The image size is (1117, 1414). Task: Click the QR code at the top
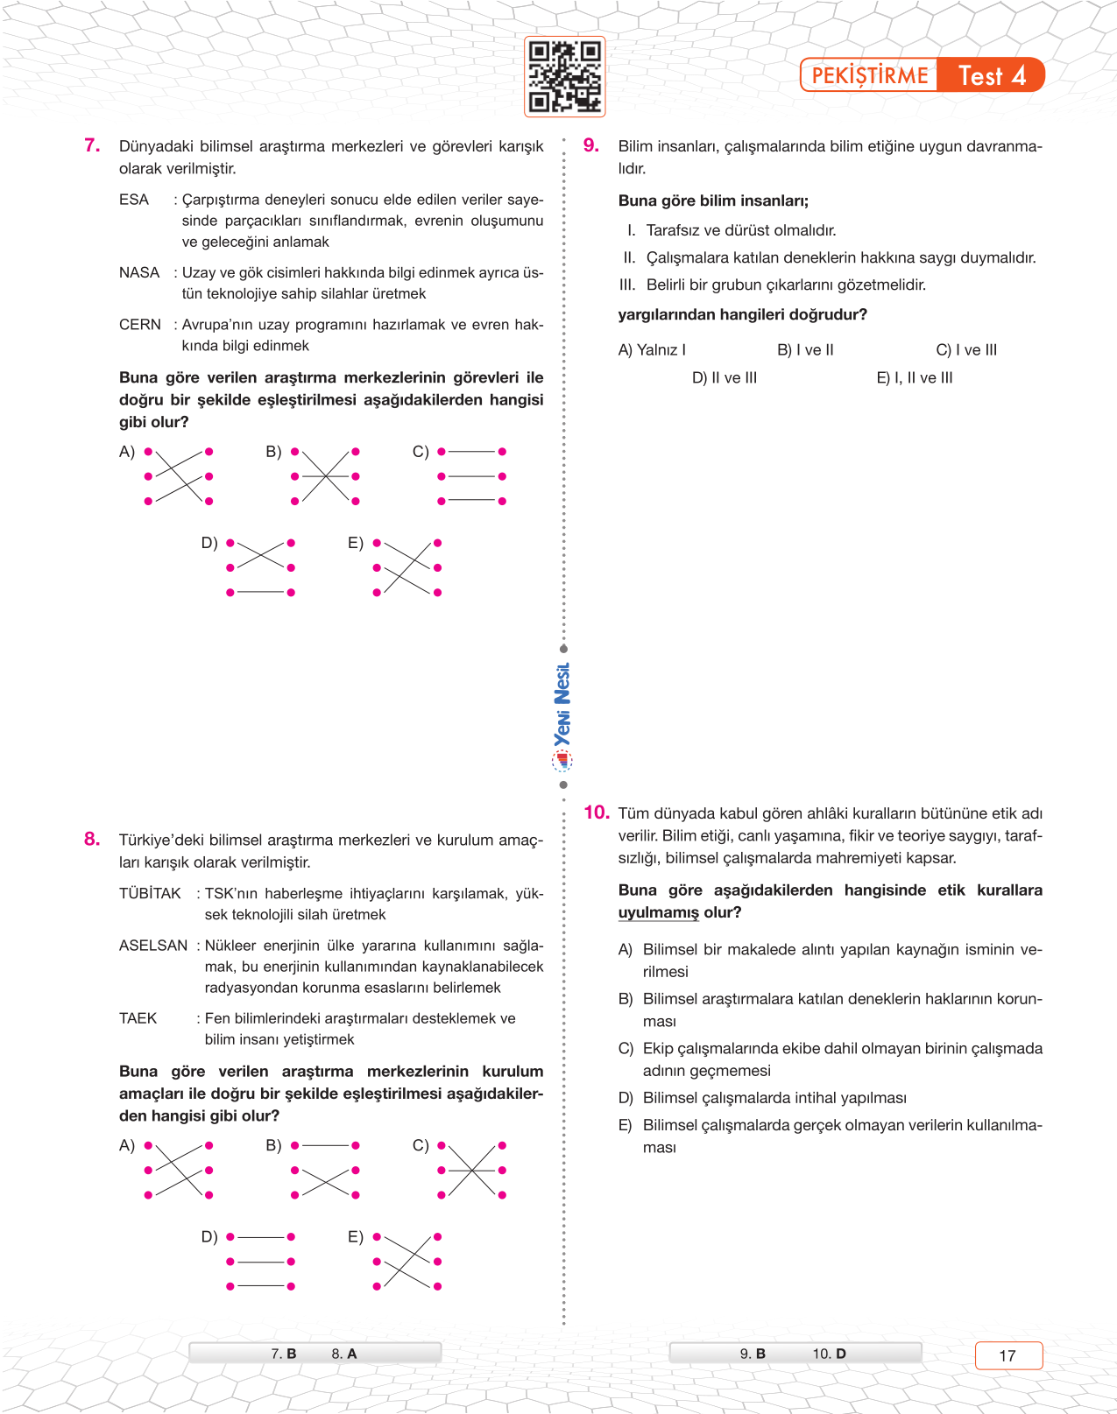[x=565, y=77]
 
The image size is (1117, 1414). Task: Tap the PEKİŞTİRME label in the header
[x=869, y=76]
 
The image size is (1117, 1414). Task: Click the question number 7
[x=92, y=145]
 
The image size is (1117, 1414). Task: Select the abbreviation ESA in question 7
[x=134, y=200]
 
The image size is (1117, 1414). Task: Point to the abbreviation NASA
[x=139, y=272]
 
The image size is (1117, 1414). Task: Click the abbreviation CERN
[x=140, y=325]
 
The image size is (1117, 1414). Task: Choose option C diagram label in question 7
[x=421, y=452]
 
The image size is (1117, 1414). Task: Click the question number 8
[x=92, y=839]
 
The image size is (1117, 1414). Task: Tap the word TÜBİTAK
[x=150, y=893]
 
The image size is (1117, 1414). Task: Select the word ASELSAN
[x=153, y=946]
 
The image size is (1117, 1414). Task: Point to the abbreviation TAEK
[x=138, y=1018]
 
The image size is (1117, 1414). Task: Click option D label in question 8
[x=209, y=1236]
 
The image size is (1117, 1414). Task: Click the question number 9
[x=591, y=145]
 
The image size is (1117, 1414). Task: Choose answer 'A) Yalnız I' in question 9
[x=652, y=350]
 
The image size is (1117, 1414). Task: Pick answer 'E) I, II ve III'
[x=914, y=378]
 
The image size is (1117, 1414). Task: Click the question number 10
[x=597, y=813]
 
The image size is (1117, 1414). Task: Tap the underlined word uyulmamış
[x=658, y=912]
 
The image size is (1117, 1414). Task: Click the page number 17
[x=1007, y=1355]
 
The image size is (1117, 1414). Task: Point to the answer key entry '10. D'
[x=829, y=1354]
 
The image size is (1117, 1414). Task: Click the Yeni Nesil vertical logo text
[x=562, y=705]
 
